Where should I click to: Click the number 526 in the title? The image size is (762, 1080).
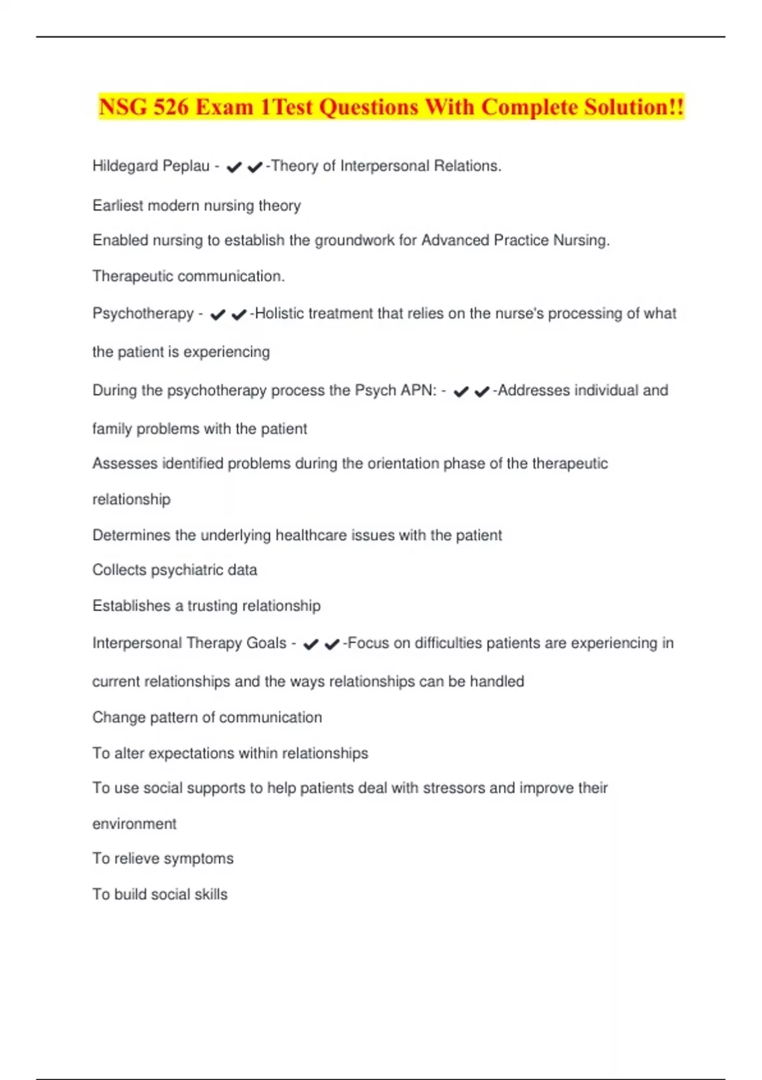171,107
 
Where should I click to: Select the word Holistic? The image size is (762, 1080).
281,313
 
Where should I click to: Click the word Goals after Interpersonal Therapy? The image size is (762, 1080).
266,643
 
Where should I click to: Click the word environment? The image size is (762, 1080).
135,824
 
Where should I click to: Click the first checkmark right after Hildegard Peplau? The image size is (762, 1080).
234,167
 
